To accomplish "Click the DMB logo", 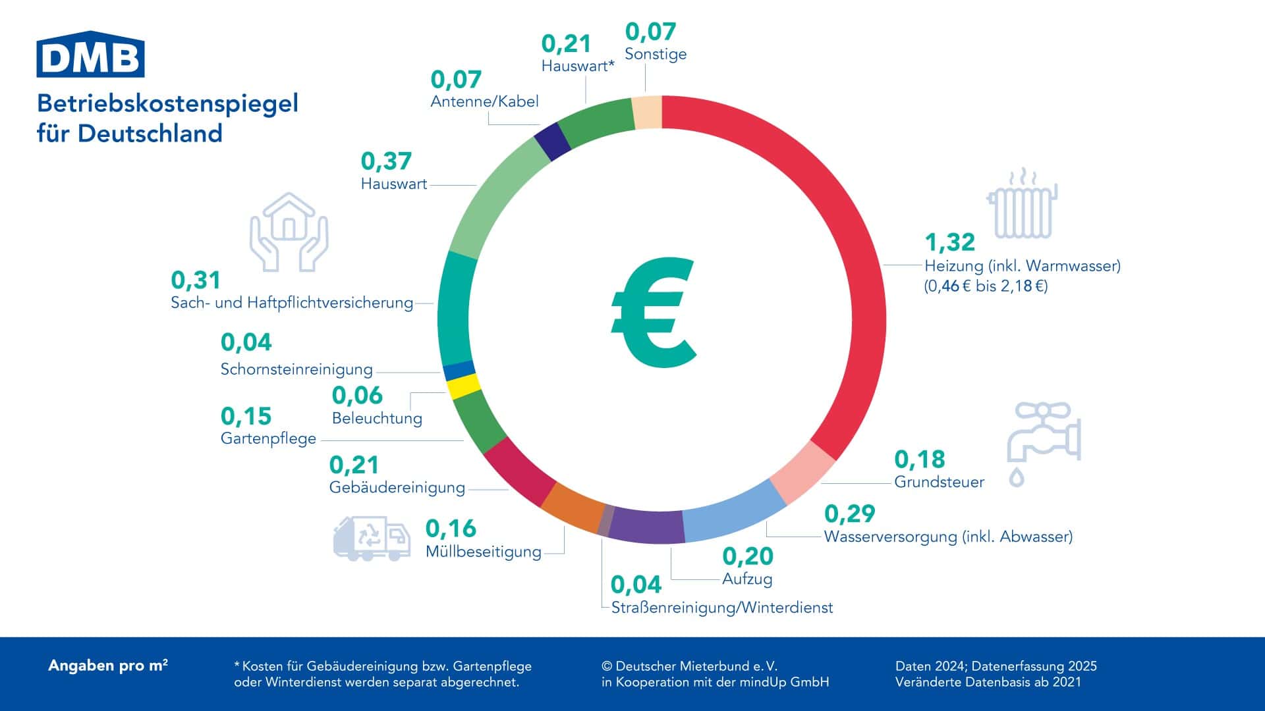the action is (x=90, y=53).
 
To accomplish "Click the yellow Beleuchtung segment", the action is (x=464, y=386).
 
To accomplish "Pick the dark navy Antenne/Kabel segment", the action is (x=552, y=142).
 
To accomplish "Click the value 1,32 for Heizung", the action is (x=949, y=242).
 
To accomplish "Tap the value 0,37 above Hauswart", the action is (x=386, y=161).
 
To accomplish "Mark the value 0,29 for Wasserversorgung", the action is (x=849, y=513).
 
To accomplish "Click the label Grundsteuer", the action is (x=939, y=482).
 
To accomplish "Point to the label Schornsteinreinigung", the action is (x=296, y=369).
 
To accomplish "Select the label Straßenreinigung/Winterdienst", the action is (x=722, y=608).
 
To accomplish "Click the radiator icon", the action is (x=1022, y=203).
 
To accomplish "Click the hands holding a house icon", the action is (x=289, y=232).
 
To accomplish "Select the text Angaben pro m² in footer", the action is (x=108, y=666).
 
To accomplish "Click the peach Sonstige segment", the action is (x=647, y=113).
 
